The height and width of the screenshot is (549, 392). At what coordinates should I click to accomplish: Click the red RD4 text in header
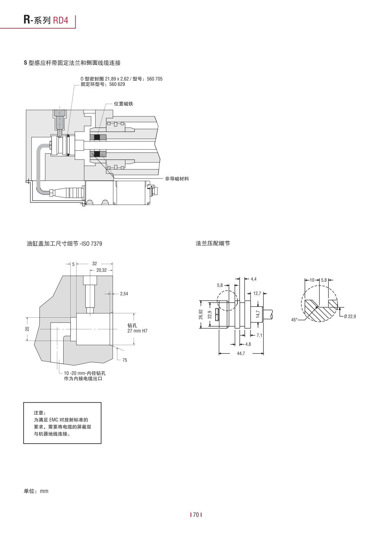coord(61,20)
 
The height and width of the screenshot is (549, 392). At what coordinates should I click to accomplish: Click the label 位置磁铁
coord(123,104)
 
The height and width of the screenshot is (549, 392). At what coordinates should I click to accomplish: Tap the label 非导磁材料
coord(177,179)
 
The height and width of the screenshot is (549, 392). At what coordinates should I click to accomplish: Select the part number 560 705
coord(155,79)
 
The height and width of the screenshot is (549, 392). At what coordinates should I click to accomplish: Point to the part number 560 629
coord(117,84)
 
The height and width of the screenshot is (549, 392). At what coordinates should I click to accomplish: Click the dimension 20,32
coord(101,270)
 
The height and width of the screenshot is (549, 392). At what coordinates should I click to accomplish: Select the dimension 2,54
coord(124,294)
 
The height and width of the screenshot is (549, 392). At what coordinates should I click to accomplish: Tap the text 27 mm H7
coord(137,331)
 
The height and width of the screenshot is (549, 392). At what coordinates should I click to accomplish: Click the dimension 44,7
coord(241,354)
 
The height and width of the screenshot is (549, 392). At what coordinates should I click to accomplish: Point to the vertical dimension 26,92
coord(201,314)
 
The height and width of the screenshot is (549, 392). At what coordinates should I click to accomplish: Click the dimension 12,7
coord(257,293)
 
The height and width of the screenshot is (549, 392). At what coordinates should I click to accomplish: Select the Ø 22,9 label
coord(350,316)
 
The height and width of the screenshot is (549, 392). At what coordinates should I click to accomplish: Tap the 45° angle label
coord(294,320)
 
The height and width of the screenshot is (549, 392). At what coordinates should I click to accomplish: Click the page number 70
coord(196,515)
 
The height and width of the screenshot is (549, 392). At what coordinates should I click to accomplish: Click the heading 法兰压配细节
coord(213,243)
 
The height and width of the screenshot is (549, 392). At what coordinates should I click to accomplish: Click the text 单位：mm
coord(36,491)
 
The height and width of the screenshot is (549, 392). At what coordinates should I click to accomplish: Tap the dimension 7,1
coord(259,335)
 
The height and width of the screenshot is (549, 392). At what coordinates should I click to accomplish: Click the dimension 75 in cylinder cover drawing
coord(124,360)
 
